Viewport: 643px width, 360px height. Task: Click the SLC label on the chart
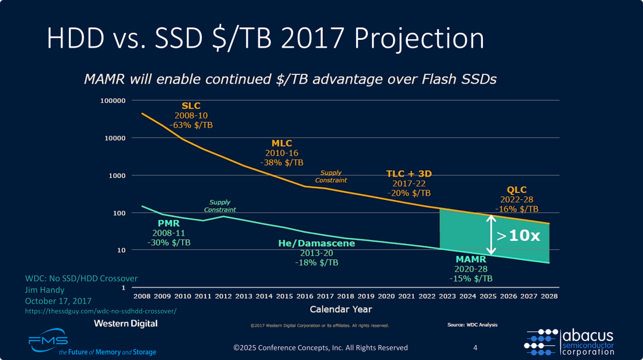point(191,106)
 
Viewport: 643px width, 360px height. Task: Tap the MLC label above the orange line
point(282,143)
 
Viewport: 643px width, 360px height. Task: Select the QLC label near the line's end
point(516,190)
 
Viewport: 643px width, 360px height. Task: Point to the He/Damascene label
point(316,243)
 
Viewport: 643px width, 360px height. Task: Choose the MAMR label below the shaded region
point(471,259)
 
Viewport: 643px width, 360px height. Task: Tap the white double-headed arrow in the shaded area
point(491,234)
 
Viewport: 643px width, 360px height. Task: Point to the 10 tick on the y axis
point(121,251)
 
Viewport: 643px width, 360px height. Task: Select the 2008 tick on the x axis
point(142,296)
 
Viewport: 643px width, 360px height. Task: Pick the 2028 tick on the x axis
point(548,296)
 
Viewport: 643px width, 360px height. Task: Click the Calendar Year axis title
point(341,309)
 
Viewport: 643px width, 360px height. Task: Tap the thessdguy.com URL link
point(101,311)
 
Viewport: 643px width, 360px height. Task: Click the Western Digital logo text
point(126,323)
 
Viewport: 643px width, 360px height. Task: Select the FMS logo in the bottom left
point(48,341)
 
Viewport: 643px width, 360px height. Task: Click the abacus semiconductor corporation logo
point(569,342)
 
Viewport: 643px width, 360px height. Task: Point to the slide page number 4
point(475,348)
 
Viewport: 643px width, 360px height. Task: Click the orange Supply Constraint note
point(330,176)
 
